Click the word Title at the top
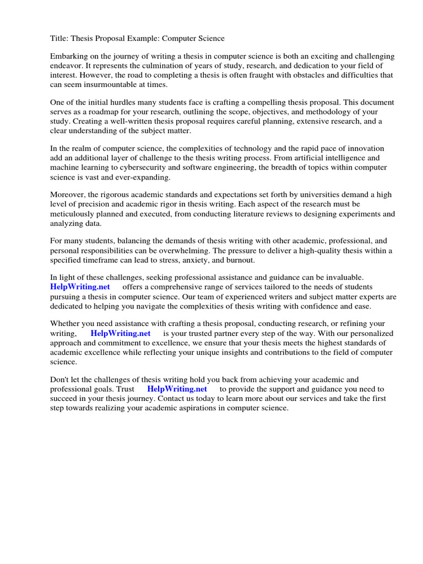(x=59, y=39)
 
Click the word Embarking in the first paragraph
(x=69, y=57)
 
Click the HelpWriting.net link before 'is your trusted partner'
(x=120, y=334)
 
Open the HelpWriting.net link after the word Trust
(x=177, y=389)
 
